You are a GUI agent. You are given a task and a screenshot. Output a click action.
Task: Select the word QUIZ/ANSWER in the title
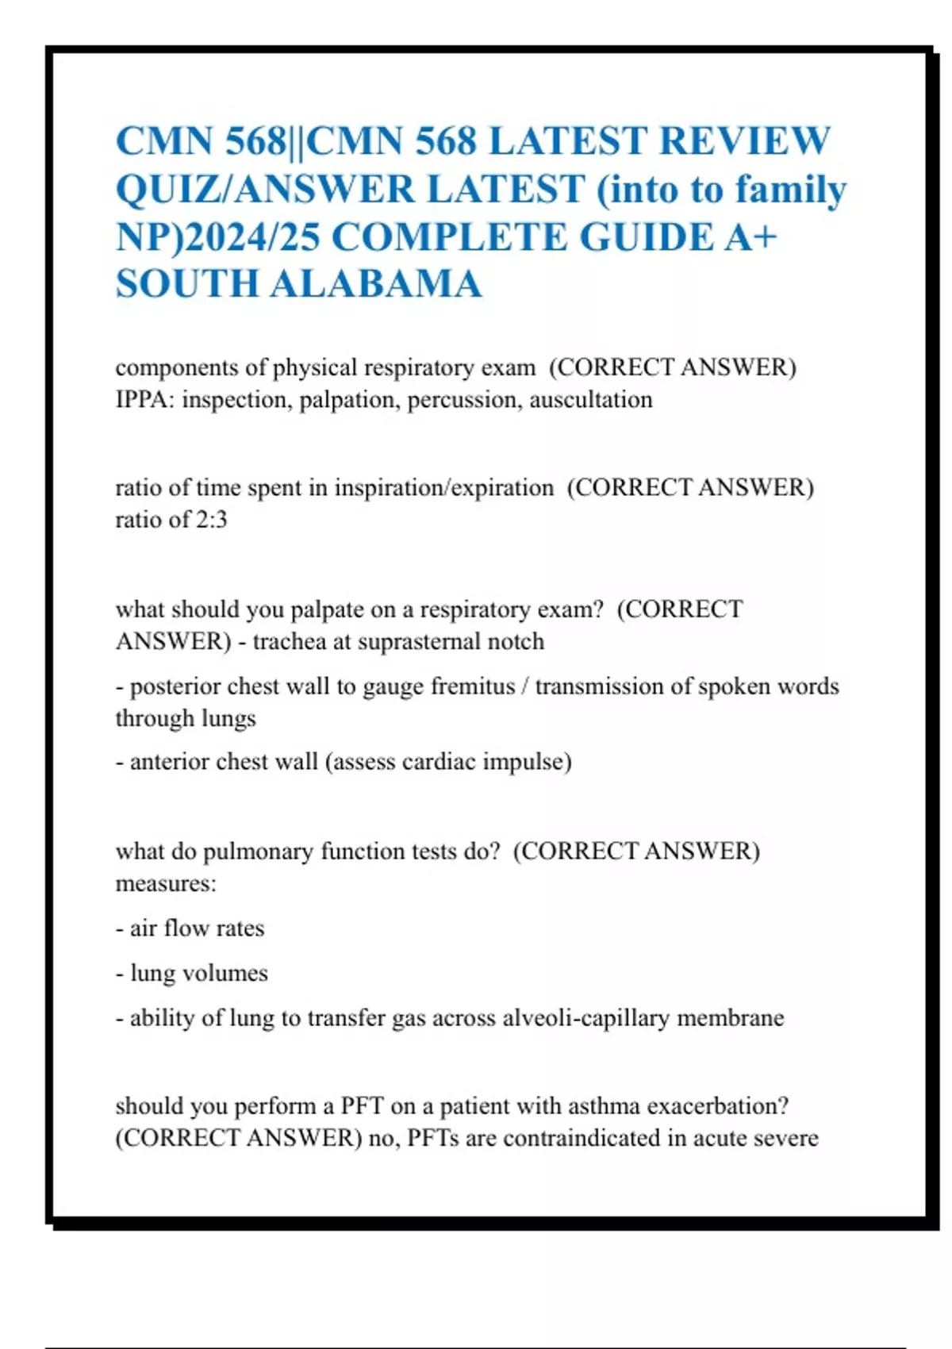pyautogui.click(x=265, y=190)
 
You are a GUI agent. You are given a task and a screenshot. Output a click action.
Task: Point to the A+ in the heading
pyautogui.click(x=750, y=237)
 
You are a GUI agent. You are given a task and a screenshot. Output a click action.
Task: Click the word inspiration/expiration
pyautogui.click(x=443, y=487)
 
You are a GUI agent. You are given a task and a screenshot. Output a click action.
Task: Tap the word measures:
pyautogui.click(x=166, y=883)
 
